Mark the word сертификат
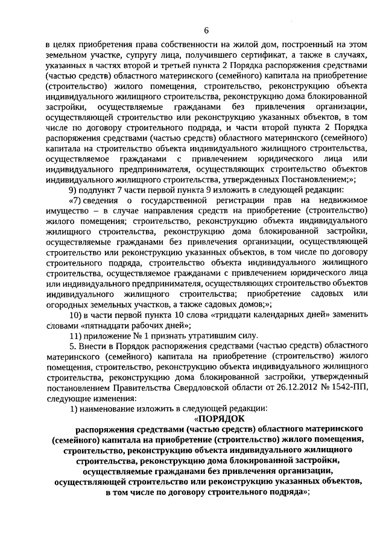pyautogui.click(x=239, y=55)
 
